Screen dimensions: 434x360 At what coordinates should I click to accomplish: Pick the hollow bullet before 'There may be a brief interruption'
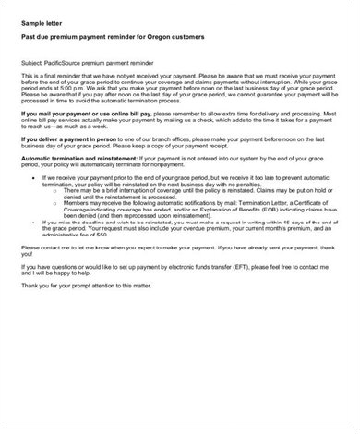pyautogui.click(x=57, y=190)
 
